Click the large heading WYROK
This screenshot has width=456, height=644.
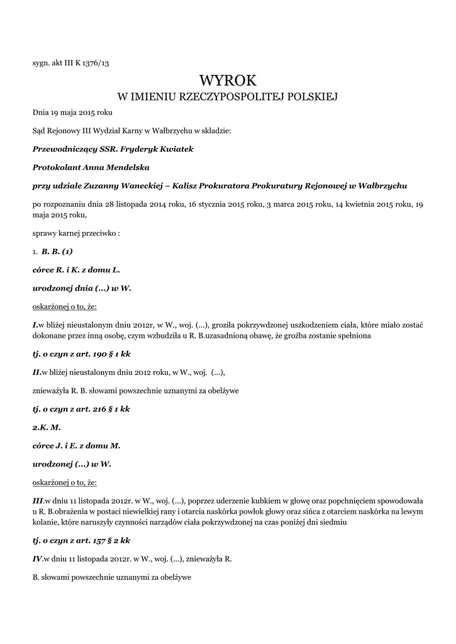tap(228, 80)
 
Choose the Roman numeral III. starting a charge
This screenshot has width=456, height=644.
tap(38, 501)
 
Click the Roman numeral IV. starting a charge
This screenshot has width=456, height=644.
tap(37, 558)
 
